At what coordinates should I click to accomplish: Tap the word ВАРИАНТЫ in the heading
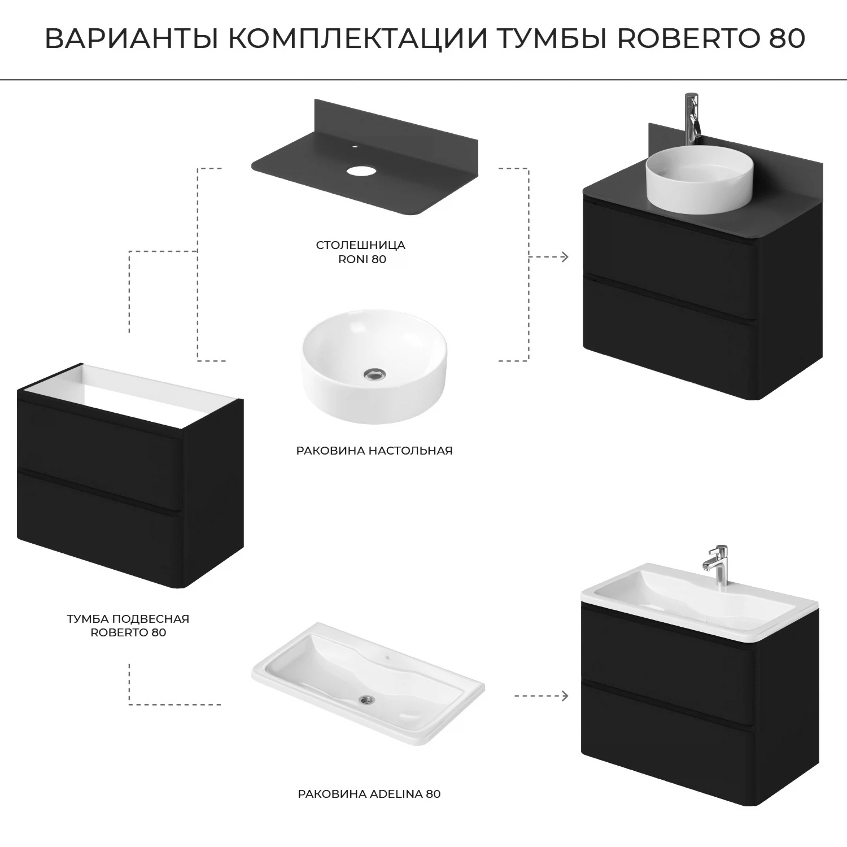click(x=133, y=38)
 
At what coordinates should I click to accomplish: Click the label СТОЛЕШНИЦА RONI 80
click(x=360, y=252)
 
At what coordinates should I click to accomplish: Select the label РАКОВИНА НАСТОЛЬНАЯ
click(x=374, y=451)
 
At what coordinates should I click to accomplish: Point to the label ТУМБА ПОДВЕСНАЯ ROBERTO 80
click(x=128, y=625)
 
